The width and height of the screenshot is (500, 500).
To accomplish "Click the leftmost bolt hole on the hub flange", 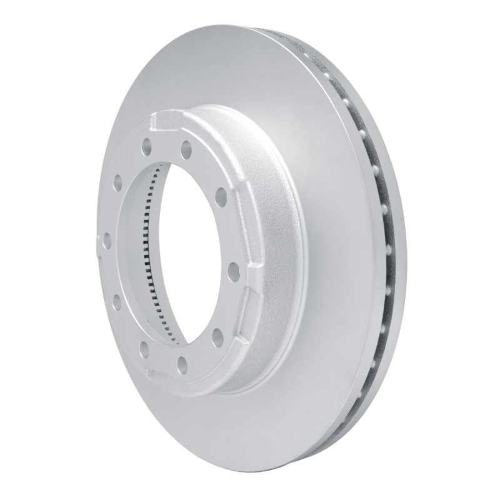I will [x=106, y=240].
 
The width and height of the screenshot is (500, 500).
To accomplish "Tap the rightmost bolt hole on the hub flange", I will [x=234, y=271].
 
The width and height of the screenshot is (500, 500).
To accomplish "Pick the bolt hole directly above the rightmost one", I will [x=221, y=197].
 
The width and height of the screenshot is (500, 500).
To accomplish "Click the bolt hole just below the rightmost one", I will [x=218, y=338].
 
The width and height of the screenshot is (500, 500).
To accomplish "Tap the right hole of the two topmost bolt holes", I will [x=186, y=149].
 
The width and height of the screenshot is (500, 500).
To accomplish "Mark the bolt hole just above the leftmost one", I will [x=117, y=182].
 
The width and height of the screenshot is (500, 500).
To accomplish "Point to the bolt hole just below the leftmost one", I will [x=117, y=302].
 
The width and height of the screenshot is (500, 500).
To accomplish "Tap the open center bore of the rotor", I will [x=188, y=250].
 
